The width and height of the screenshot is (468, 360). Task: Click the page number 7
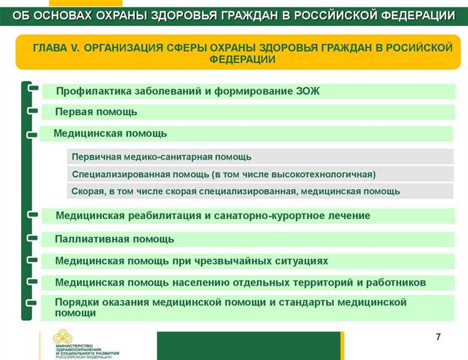tap(438, 338)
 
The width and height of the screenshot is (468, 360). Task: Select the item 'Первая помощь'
tap(96, 112)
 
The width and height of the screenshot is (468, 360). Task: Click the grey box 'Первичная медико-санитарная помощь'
tap(162, 157)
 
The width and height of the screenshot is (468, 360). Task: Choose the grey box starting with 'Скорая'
tap(236, 191)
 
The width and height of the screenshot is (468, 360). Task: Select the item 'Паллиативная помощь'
tap(114, 239)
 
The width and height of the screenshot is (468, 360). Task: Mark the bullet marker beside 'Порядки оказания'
tap(33, 303)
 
